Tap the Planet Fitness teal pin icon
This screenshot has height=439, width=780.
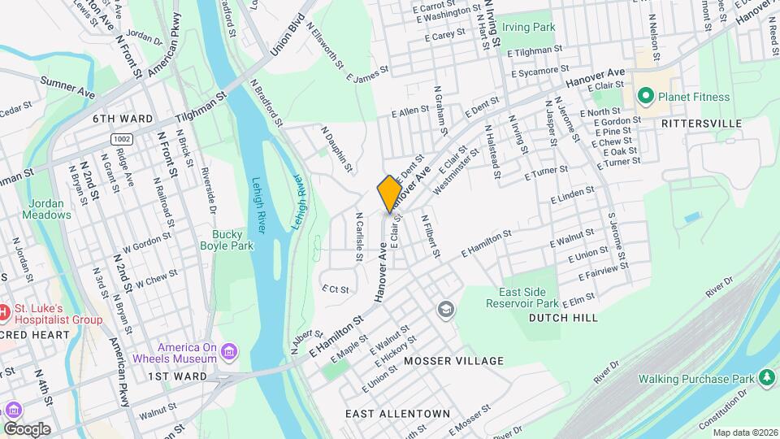(x=646, y=97)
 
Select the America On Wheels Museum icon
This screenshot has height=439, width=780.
(x=230, y=351)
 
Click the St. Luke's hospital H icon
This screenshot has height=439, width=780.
(x=5, y=311)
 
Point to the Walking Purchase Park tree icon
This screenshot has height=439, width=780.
(x=765, y=378)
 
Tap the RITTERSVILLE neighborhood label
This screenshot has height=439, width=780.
(x=701, y=123)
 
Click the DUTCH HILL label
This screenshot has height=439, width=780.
(x=563, y=318)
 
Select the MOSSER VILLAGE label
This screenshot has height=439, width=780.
(x=453, y=360)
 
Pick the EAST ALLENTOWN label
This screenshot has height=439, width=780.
(x=397, y=414)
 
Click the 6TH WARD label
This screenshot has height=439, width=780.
(x=123, y=119)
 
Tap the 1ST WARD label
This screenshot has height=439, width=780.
(x=177, y=376)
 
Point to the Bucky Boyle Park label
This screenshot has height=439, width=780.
(x=227, y=240)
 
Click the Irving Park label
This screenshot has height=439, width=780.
(x=528, y=27)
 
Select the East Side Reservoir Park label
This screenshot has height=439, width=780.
(x=528, y=297)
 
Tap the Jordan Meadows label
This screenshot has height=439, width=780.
(x=50, y=210)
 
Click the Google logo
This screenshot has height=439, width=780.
(x=26, y=428)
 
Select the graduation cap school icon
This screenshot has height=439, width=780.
(x=445, y=309)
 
